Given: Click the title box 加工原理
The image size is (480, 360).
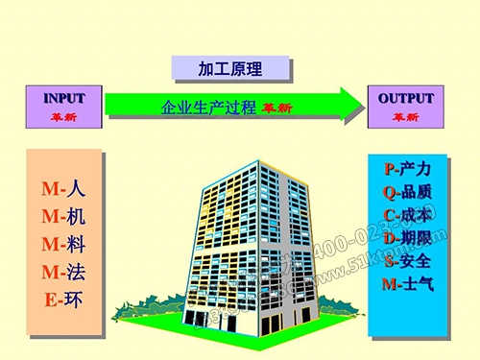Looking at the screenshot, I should (229, 68).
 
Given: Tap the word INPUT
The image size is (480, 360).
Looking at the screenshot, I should (63, 99).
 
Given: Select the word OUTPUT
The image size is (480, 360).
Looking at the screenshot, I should (405, 99).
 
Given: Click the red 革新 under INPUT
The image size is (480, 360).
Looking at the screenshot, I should (63, 117).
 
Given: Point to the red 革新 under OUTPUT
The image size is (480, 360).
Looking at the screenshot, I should (405, 117).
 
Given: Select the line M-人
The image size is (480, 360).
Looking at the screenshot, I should (64, 189).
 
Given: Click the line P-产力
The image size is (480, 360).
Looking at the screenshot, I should (407, 169).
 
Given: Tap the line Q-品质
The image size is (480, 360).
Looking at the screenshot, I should (407, 192).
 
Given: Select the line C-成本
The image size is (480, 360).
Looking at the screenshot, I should (407, 215).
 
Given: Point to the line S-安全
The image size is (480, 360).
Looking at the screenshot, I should (407, 261).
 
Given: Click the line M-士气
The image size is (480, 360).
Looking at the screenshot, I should (407, 284).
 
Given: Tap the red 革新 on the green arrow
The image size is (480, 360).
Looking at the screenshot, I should (276, 108).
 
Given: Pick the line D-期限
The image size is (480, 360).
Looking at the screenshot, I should (407, 238).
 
